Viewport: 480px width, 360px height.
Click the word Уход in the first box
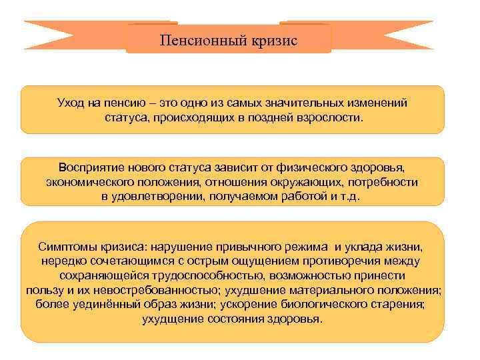pos(72,103)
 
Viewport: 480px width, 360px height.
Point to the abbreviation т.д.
pos(349,197)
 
